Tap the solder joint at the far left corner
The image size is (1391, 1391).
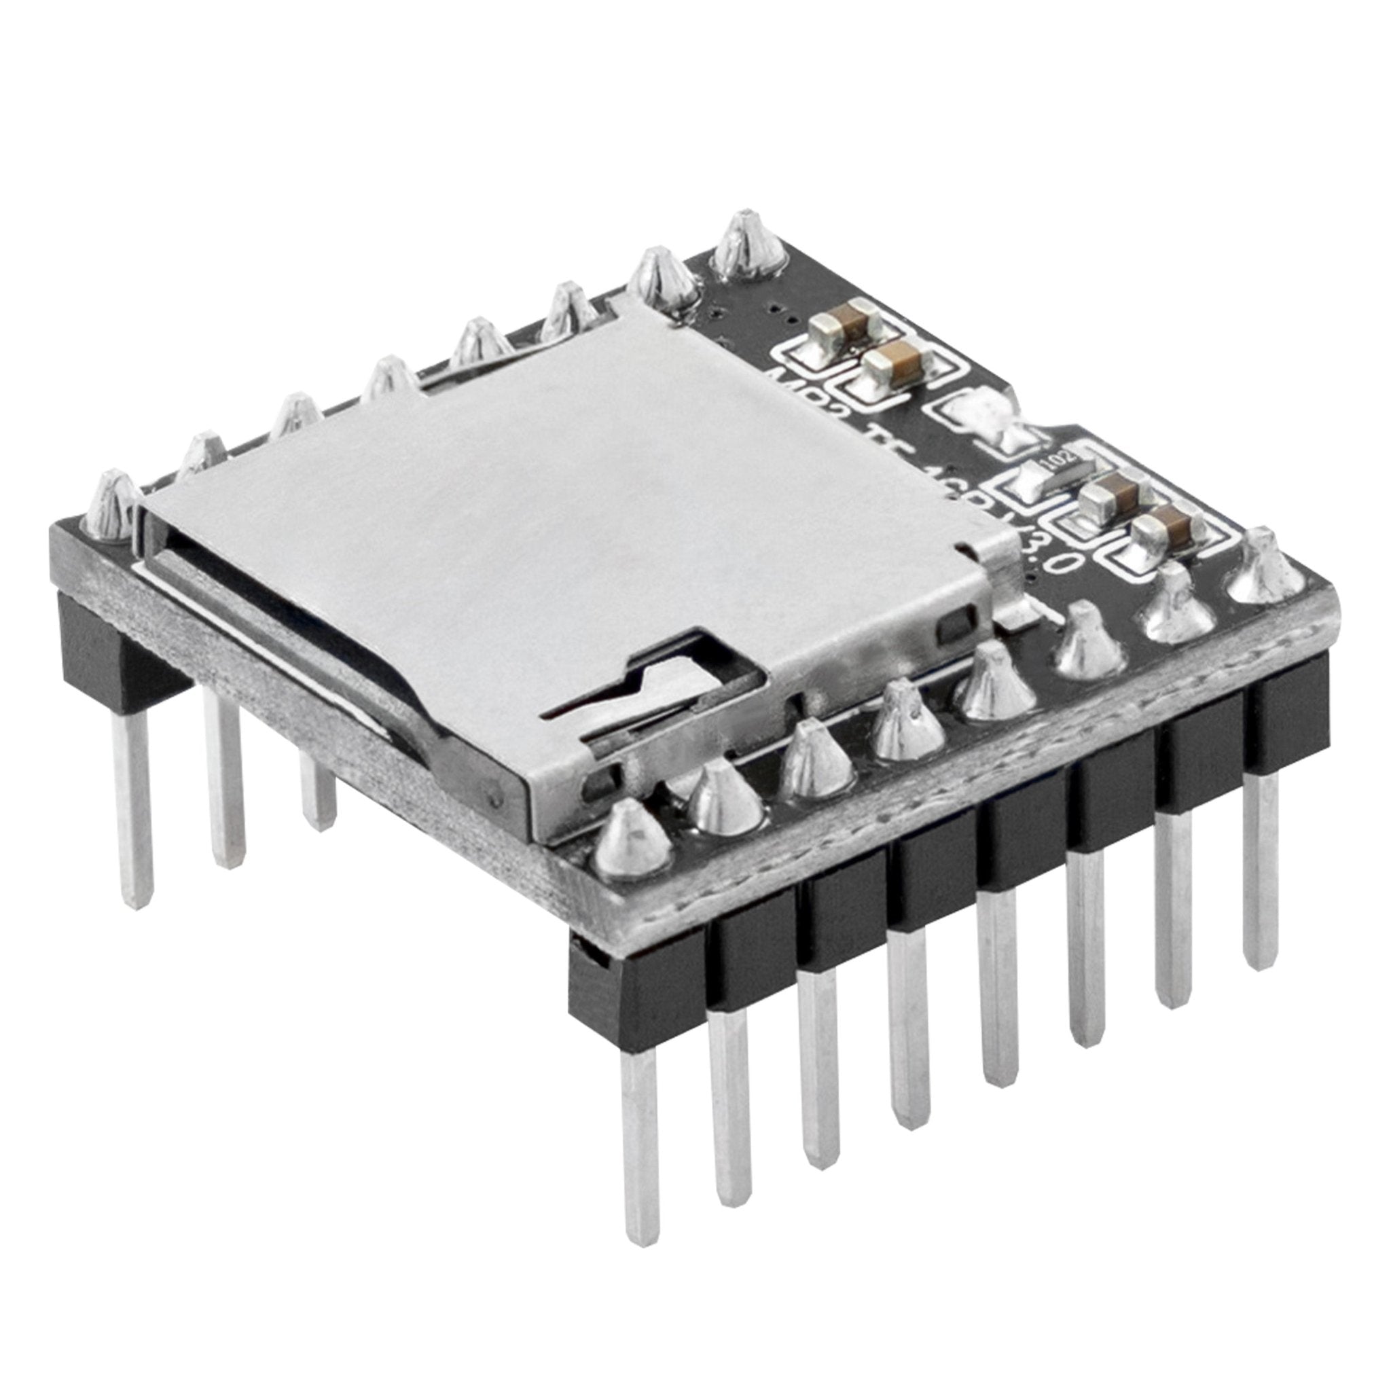coord(111,504)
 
